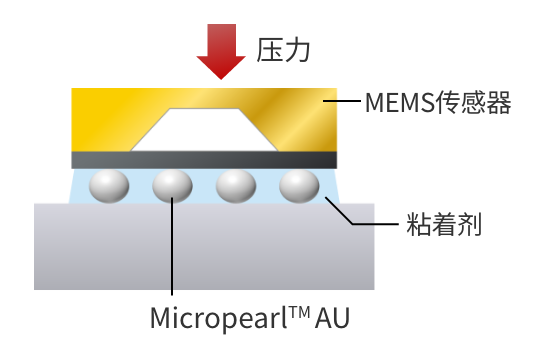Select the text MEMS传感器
(x=438, y=102)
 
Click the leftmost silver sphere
(x=108, y=186)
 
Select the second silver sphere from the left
(x=172, y=186)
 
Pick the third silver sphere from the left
(x=236, y=186)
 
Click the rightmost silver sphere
(x=299, y=186)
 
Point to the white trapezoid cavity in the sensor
(x=205, y=129)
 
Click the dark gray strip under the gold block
(x=205, y=160)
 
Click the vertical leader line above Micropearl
(x=172, y=250)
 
